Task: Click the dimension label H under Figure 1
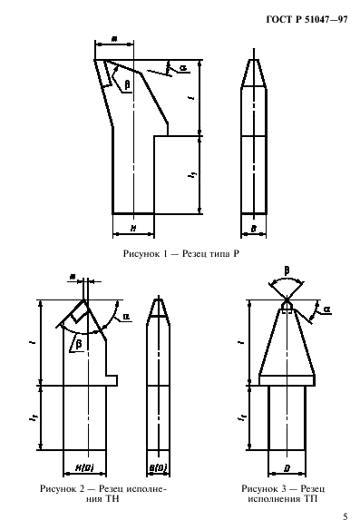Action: tap(132, 228)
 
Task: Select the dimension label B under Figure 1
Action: tap(255, 228)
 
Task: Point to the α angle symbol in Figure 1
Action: tap(183, 67)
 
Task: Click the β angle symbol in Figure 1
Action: tap(127, 83)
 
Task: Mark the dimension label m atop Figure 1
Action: tap(112, 39)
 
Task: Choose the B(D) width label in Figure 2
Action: tap(159, 466)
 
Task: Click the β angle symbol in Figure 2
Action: tap(78, 344)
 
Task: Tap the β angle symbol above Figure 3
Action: tap(286, 270)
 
